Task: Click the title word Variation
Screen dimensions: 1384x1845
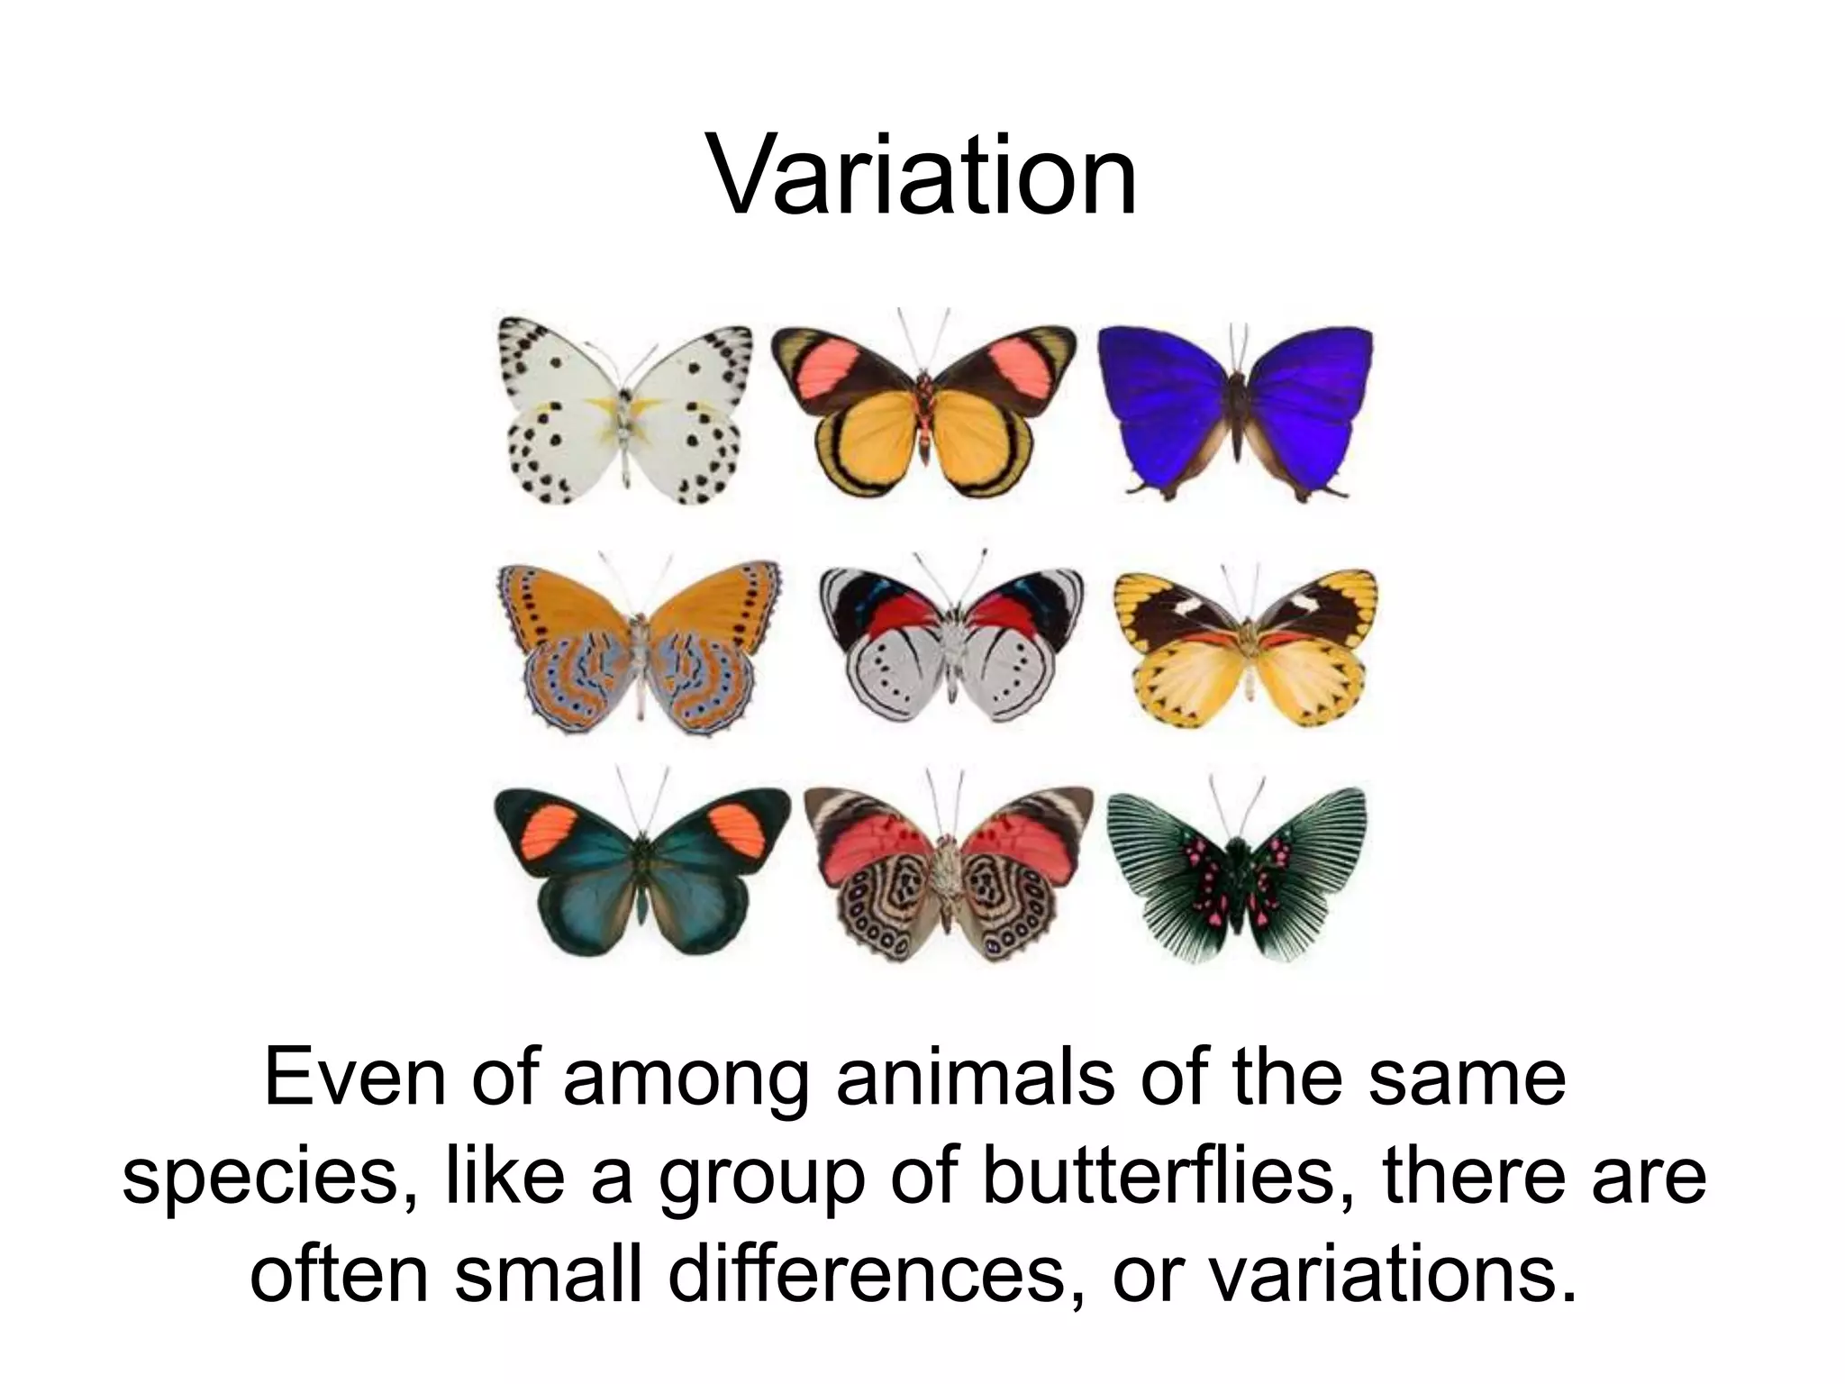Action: coord(922,176)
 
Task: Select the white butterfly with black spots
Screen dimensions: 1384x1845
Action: coord(624,410)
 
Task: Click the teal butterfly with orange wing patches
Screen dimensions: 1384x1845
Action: coord(641,870)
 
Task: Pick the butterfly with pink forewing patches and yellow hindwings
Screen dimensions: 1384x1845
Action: coord(924,410)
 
